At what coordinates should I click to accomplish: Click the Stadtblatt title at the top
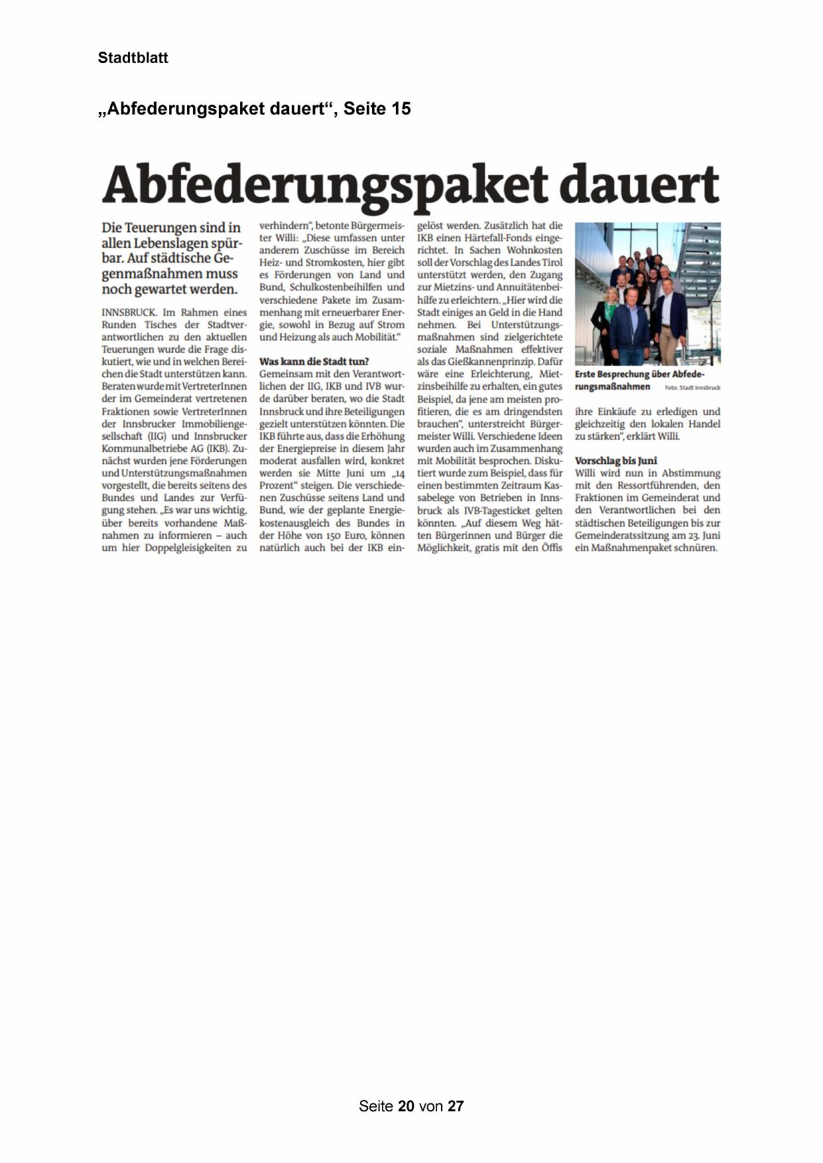point(133,58)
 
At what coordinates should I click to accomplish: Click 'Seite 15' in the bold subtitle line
point(377,109)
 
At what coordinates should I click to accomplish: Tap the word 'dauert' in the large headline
point(639,184)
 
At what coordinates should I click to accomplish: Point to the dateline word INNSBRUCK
point(129,312)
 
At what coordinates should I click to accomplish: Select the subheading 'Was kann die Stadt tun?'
point(314,361)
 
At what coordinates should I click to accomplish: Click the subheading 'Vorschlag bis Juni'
point(615,461)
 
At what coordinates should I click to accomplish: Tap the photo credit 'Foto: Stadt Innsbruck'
point(692,387)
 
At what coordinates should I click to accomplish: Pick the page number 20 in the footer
point(406,1106)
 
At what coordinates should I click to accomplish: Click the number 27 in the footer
point(456,1106)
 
